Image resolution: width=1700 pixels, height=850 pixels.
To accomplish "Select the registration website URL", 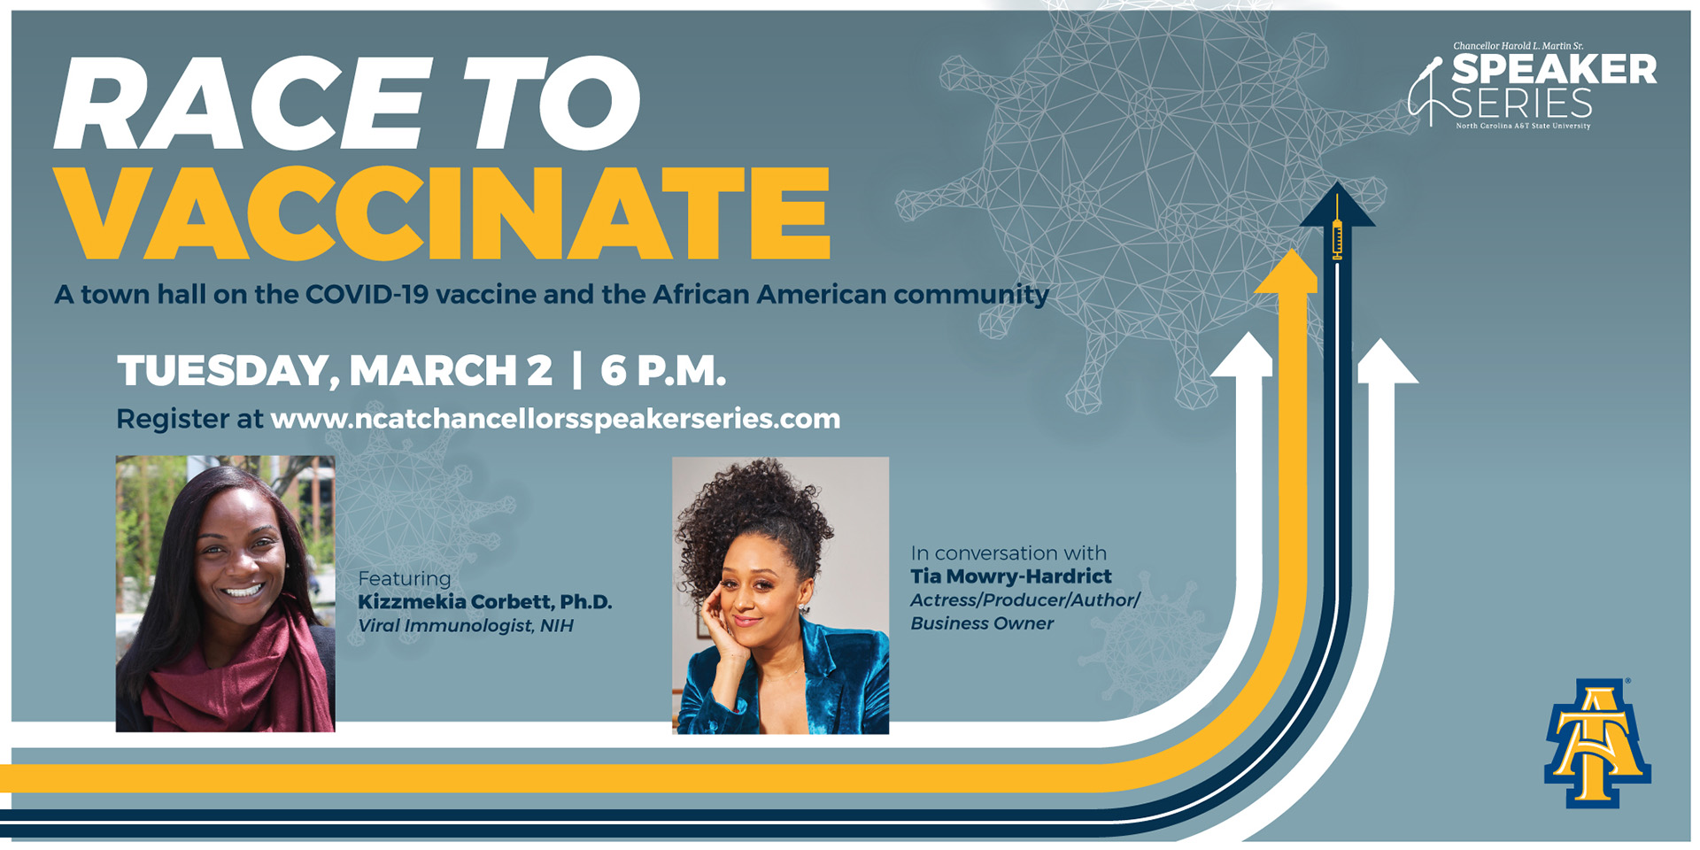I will click(x=555, y=419).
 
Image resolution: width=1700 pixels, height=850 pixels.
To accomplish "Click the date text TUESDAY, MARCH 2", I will click(x=335, y=370).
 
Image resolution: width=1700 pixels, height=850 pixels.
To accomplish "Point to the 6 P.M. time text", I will click(x=663, y=370).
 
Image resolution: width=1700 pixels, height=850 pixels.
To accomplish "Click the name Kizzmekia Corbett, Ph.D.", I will click(x=484, y=602).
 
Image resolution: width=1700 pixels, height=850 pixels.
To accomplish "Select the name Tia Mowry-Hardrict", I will click(x=1010, y=576).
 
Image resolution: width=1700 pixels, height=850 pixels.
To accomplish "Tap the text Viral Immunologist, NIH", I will click(x=465, y=626).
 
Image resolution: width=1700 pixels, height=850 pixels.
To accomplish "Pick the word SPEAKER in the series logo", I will click(x=1554, y=70).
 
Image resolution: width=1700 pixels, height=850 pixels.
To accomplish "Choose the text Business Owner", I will click(x=982, y=623).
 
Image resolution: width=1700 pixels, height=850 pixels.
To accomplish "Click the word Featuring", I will click(x=405, y=578).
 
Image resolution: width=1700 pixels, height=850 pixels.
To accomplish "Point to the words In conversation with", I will click(x=1008, y=553).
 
